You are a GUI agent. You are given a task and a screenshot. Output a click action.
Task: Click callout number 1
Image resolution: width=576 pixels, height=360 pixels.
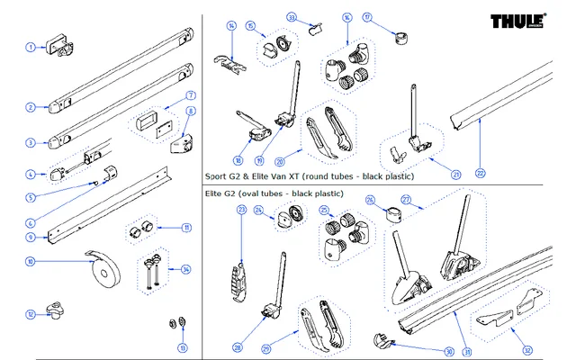pyautogui.click(x=30, y=47)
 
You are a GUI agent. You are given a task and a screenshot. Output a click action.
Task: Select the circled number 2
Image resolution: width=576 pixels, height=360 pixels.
pyautogui.click(x=30, y=108)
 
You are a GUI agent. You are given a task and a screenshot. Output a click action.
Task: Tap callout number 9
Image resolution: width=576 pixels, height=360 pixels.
pyautogui.click(x=30, y=238)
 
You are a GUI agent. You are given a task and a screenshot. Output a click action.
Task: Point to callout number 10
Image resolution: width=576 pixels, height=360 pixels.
pyautogui.click(x=30, y=262)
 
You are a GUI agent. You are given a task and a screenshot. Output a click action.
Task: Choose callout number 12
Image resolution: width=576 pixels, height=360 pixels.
pyautogui.click(x=30, y=314)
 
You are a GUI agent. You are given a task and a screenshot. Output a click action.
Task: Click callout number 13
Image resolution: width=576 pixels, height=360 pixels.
pyautogui.click(x=183, y=347)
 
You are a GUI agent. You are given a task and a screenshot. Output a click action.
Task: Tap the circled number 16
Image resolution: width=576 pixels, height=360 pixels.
pyautogui.click(x=346, y=18)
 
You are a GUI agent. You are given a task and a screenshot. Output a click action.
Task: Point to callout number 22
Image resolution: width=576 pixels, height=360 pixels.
pyautogui.click(x=480, y=173)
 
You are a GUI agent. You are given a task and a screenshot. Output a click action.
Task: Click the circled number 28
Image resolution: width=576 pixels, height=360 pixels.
pyautogui.click(x=238, y=346)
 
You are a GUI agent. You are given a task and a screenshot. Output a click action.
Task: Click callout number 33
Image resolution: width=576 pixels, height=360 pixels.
pyautogui.click(x=292, y=17)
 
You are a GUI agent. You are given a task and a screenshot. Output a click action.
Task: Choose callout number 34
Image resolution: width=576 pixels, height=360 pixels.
pyautogui.click(x=185, y=268)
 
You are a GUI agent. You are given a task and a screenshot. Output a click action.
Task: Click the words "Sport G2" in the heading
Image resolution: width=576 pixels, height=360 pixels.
pyautogui.click(x=220, y=178)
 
